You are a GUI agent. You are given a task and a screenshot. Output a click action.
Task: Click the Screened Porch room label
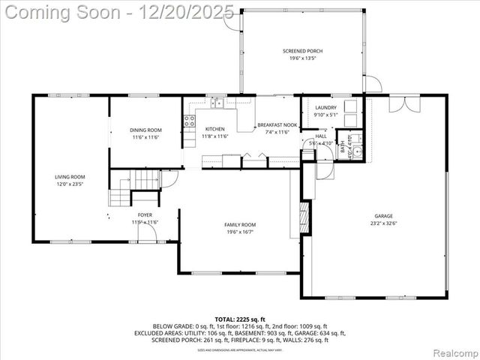click(x=303, y=50)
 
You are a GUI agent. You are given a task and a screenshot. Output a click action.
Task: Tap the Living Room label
click(x=68, y=177)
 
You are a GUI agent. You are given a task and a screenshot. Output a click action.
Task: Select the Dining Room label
click(x=146, y=130)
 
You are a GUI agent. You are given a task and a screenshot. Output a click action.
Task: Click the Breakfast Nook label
click(x=277, y=125)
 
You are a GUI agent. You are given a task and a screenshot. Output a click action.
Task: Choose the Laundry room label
click(x=325, y=108)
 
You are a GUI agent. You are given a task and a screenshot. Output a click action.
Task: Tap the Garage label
click(x=383, y=216)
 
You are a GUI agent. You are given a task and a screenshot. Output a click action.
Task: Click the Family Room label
click(x=240, y=225)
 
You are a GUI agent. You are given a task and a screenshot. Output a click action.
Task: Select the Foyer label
click(x=145, y=215)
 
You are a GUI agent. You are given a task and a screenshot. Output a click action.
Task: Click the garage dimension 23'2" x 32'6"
click(x=383, y=223)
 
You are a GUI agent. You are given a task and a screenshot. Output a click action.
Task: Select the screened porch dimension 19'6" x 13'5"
click(x=303, y=58)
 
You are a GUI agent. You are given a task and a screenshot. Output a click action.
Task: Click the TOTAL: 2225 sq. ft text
click(x=240, y=319)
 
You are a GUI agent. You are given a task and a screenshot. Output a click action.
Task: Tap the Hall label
click(x=321, y=136)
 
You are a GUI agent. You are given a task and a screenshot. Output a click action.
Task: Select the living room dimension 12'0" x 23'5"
click(x=68, y=184)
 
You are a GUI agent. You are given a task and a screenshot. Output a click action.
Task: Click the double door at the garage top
click(x=400, y=103)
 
